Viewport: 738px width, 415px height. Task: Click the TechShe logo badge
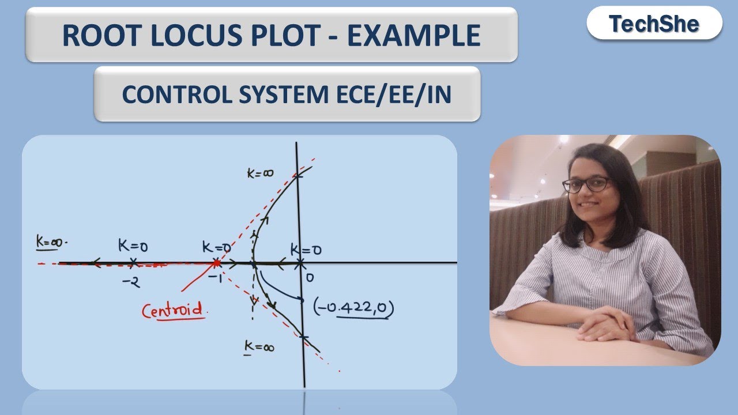coord(654,24)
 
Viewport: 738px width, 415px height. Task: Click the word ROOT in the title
coord(95,35)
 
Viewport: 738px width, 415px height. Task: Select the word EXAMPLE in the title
coord(414,35)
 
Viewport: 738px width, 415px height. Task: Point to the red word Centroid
coord(173,311)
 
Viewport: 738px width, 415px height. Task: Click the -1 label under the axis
coord(216,278)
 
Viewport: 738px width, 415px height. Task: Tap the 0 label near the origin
coord(310,278)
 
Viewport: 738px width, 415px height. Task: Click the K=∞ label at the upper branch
coord(261,173)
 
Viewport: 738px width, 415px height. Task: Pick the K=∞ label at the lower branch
coord(259,347)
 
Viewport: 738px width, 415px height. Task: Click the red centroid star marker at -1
coord(216,263)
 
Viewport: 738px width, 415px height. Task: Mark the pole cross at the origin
coord(300,263)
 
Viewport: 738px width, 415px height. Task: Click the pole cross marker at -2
coord(133,262)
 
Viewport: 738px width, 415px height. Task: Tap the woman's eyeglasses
coord(585,185)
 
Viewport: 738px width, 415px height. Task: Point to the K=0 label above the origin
coord(306,250)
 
